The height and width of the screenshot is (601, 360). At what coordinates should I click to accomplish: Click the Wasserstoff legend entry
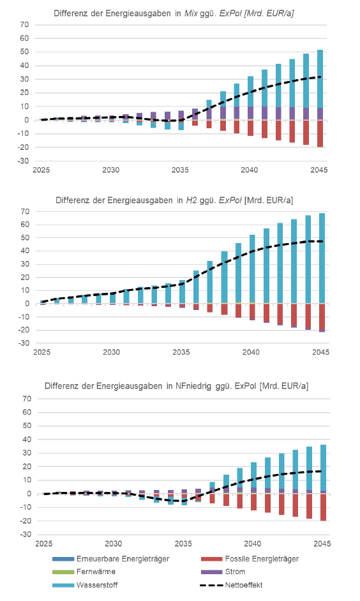click(x=85, y=585)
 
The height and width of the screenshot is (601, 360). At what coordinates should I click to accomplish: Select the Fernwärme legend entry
click(x=84, y=572)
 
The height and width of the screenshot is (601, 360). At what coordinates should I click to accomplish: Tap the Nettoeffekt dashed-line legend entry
click(x=232, y=585)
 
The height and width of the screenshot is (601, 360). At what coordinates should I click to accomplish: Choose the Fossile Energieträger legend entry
click(x=250, y=559)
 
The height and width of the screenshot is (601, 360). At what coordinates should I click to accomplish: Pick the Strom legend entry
click(x=223, y=572)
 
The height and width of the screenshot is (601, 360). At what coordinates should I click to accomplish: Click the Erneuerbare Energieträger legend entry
click(x=111, y=559)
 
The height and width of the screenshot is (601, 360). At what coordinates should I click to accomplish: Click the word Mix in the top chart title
click(x=191, y=13)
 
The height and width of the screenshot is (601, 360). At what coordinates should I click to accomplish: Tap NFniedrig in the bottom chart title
click(x=193, y=385)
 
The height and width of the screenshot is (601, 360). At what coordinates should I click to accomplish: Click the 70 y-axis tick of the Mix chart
click(x=24, y=24)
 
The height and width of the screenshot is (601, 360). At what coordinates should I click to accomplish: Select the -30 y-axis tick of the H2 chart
click(x=24, y=343)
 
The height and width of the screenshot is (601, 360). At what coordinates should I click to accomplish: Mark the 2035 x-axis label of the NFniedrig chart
click(x=183, y=544)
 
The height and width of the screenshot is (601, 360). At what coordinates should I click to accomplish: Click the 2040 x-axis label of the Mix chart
click(x=249, y=170)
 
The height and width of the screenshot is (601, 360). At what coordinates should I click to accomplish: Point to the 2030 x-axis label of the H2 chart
click(x=111, y=352)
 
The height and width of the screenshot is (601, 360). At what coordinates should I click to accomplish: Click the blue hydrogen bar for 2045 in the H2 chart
click(x=322, y=258)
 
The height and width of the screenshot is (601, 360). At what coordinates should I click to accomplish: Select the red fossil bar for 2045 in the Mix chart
click(x=320, y=133)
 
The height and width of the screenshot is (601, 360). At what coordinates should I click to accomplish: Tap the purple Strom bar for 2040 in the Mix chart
click(x=250, y=113)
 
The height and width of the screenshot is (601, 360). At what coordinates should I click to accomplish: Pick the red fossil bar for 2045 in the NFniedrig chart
click(x=323, y=507)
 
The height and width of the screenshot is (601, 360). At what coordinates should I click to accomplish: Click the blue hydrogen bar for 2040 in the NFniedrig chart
click(x=254, y=475)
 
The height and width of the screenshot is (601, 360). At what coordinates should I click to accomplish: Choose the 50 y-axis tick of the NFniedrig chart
click(x=27, y=426)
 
